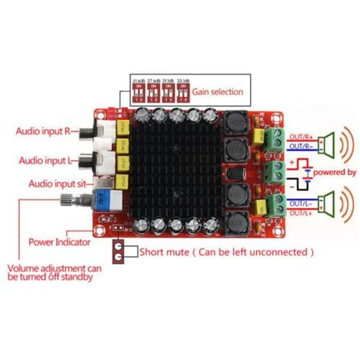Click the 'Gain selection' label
(218, 92)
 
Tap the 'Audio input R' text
(43, 132)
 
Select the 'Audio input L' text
(44, 160)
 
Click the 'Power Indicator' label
(59, 242)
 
